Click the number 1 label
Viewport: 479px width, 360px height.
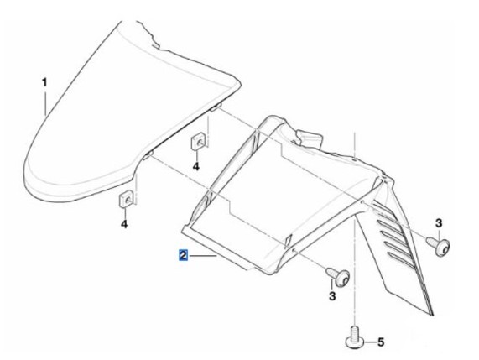[44, 82]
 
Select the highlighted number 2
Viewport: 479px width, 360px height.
[183, 255]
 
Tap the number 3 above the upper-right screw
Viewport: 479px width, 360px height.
[439, 223]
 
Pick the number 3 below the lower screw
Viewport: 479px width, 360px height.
[332, 296]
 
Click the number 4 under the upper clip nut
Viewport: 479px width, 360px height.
[195, 167]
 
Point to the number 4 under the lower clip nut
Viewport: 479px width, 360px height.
[124, 224]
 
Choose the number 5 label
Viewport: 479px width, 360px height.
[381, 342]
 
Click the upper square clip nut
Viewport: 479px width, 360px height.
[198, 142]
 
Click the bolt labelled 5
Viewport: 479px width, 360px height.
[356, 337]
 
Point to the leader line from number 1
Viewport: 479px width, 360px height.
[45, 102]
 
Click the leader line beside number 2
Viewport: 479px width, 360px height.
[203, 255]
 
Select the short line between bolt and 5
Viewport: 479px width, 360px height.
[371, 342]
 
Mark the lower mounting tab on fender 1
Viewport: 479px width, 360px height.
[148, 155]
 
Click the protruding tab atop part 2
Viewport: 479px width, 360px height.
[309, 138]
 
